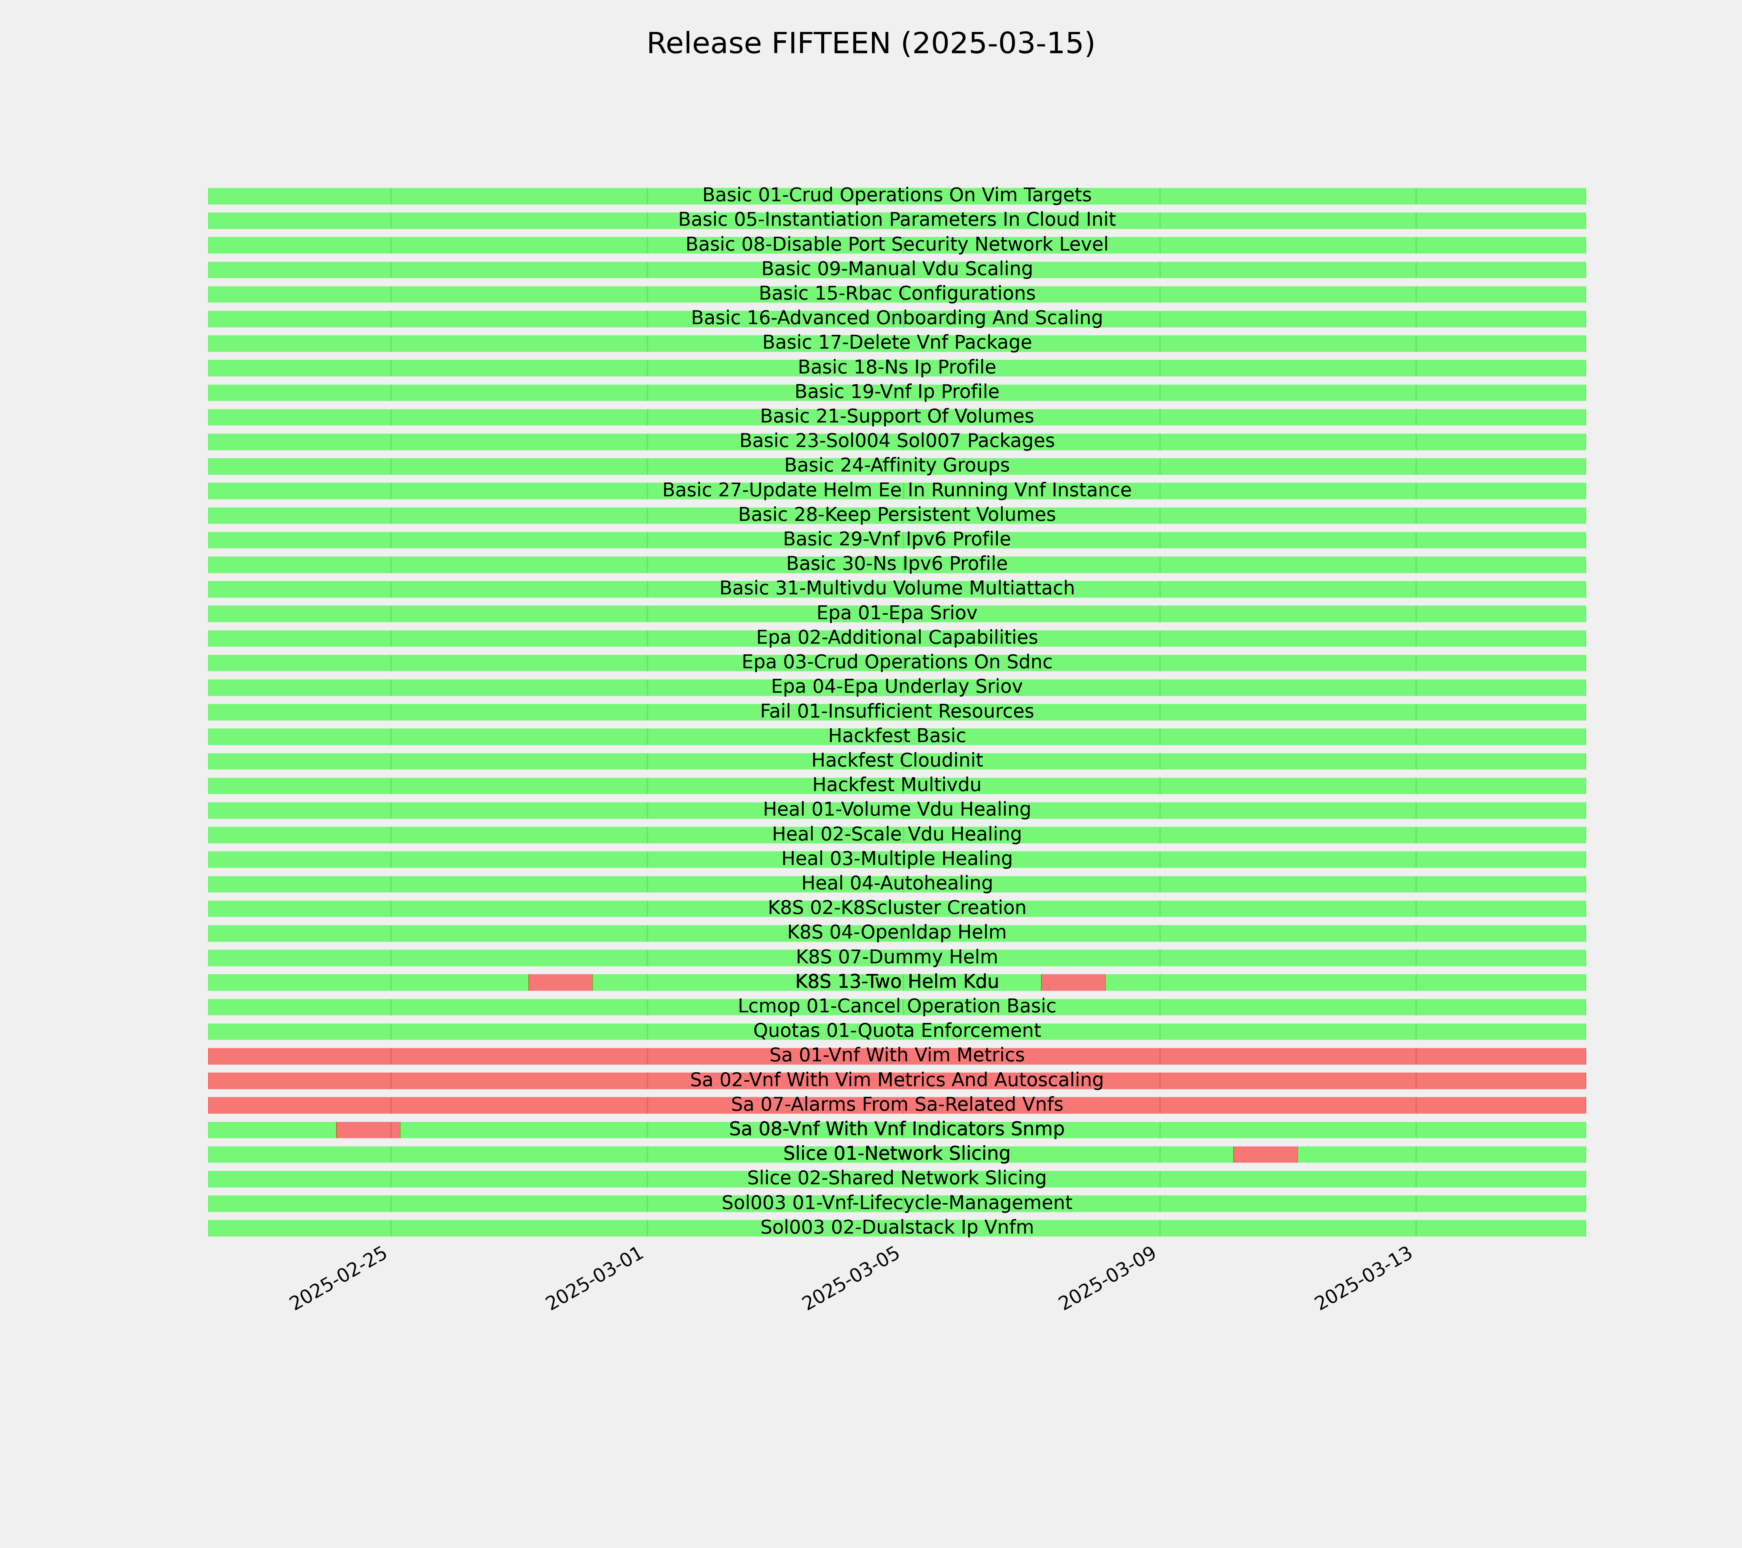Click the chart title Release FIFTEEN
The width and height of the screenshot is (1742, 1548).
pos(870,44)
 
